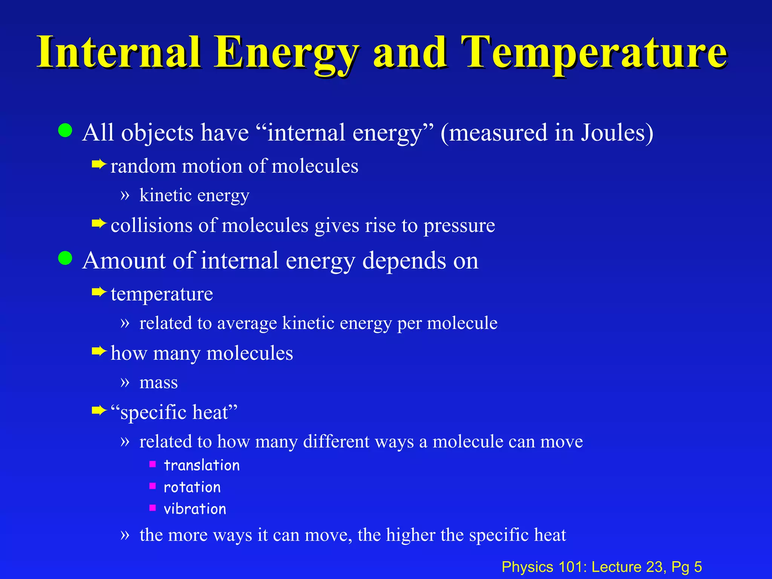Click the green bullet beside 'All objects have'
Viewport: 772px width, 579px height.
(65, 130)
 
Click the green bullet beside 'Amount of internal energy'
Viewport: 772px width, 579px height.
(65, 258)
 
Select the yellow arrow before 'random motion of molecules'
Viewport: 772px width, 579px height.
(99, 164)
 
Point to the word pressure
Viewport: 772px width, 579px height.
(459, 226)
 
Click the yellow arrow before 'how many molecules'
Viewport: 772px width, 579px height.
(99, 352)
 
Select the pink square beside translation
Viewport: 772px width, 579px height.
(153, 464)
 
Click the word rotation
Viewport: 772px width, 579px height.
(192, 487)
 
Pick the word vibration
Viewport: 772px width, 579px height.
(195, 509)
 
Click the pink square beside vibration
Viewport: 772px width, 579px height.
(153, 508)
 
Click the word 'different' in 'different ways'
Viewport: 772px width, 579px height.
(336, 442)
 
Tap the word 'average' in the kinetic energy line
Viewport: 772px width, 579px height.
(247, 323)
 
